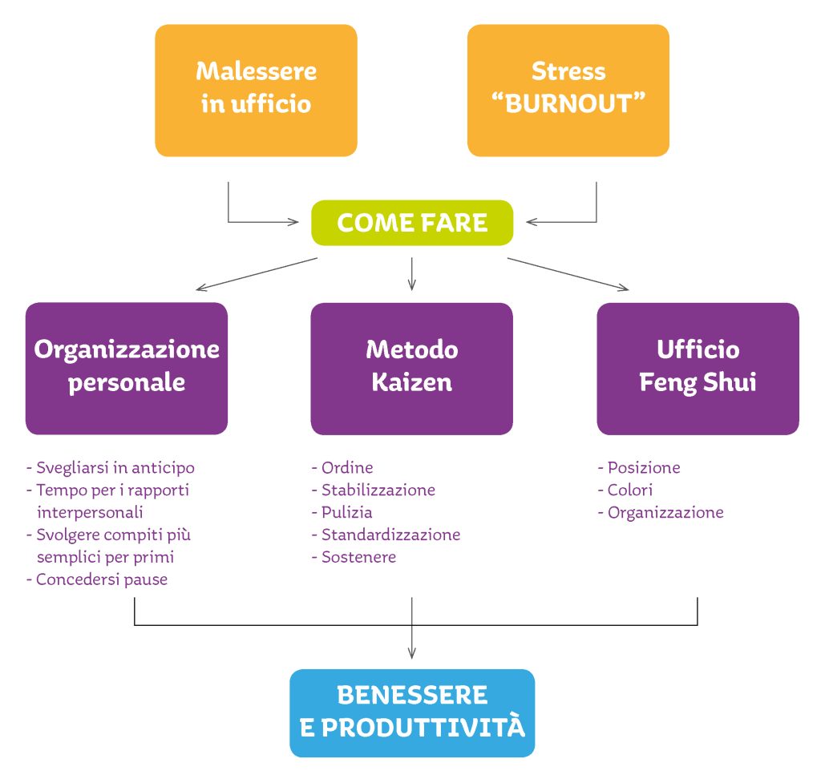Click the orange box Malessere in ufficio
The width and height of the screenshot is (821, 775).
pyautogui.click(x=256, y=90)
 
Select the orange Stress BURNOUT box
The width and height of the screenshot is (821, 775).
pyautogui.click(x=568, y=90)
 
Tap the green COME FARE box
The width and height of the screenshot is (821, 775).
pyautogui.click(x=412, y=223)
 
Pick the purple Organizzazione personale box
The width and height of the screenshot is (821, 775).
pyautogui.click(x=127, y=368)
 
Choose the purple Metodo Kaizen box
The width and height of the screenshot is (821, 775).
pyautogui.click(x=412, y=368)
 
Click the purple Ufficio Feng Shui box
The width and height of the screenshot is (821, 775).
pyautogui.click(x=698, y=368)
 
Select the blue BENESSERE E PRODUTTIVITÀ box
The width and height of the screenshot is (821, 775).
pyautogui.click(x=412, y=712)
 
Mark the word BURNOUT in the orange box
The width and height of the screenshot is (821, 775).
pyautogui.click(x=568, y=105)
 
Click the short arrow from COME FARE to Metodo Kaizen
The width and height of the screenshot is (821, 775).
pyautogui.click(x=411, y=273)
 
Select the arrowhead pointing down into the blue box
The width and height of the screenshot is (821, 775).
pyautogui.click(x=411, y=653)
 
